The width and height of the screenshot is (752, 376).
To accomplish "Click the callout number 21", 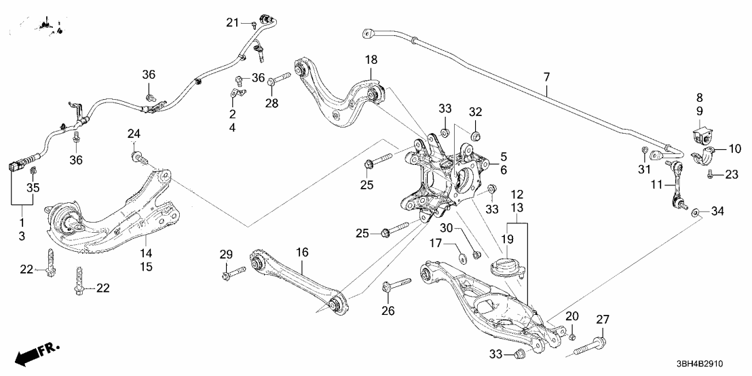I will point(232,23).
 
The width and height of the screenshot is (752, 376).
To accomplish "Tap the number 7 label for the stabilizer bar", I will point(547,79).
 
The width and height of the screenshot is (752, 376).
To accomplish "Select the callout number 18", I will point(371,60).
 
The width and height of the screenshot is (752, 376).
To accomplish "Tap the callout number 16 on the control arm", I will point(302,252).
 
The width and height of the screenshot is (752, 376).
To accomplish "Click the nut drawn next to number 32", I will point(475,136).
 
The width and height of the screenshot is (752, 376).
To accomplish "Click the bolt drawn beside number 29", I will point(235,274).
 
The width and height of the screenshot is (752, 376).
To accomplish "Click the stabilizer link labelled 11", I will point(676,183).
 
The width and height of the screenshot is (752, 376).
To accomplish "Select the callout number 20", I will point(572,316).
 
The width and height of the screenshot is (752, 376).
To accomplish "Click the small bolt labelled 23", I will point(710,175).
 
